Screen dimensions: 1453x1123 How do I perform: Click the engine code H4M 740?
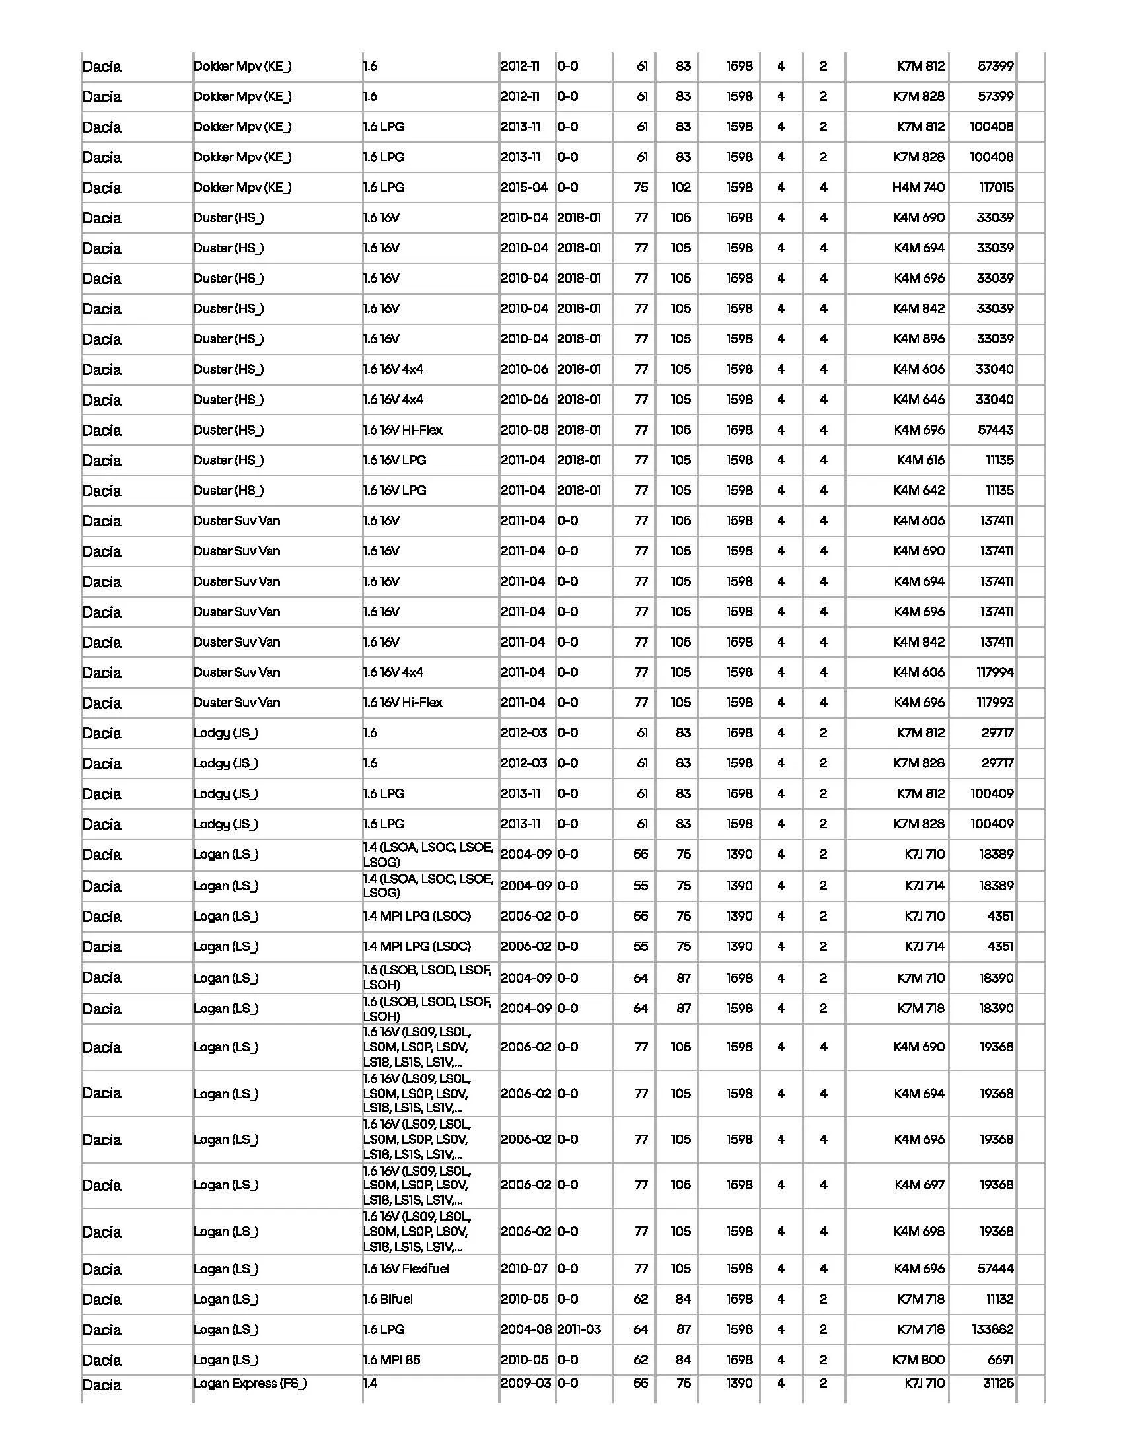[918, 188]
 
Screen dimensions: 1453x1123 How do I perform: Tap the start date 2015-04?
[525, 188]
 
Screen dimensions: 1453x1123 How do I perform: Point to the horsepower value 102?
[680, 188]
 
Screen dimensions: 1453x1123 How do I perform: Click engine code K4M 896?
[919, 339]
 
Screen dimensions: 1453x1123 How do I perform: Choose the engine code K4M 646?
[919, 400]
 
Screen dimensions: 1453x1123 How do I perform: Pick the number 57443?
[996, 431]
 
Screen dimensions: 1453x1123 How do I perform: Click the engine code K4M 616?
[921, 460]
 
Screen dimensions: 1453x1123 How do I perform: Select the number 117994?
[995, 672]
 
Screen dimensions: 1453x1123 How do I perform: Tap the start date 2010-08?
[525, 431]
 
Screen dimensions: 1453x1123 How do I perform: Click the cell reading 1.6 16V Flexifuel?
[406, 1269]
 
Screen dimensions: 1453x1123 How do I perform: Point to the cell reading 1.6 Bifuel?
[388, 1299]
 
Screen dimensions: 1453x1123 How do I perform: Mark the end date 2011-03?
[579, 1330]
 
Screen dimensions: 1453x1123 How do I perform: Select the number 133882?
[993, 1330]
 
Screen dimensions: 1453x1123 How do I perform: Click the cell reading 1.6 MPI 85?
[392, 1360]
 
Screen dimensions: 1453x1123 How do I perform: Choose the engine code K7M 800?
[918, 1360]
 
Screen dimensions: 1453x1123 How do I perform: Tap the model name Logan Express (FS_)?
[250, 1384]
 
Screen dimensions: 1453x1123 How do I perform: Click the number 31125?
[998, 1384]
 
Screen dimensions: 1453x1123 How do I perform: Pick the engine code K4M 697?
[919, 1185]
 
